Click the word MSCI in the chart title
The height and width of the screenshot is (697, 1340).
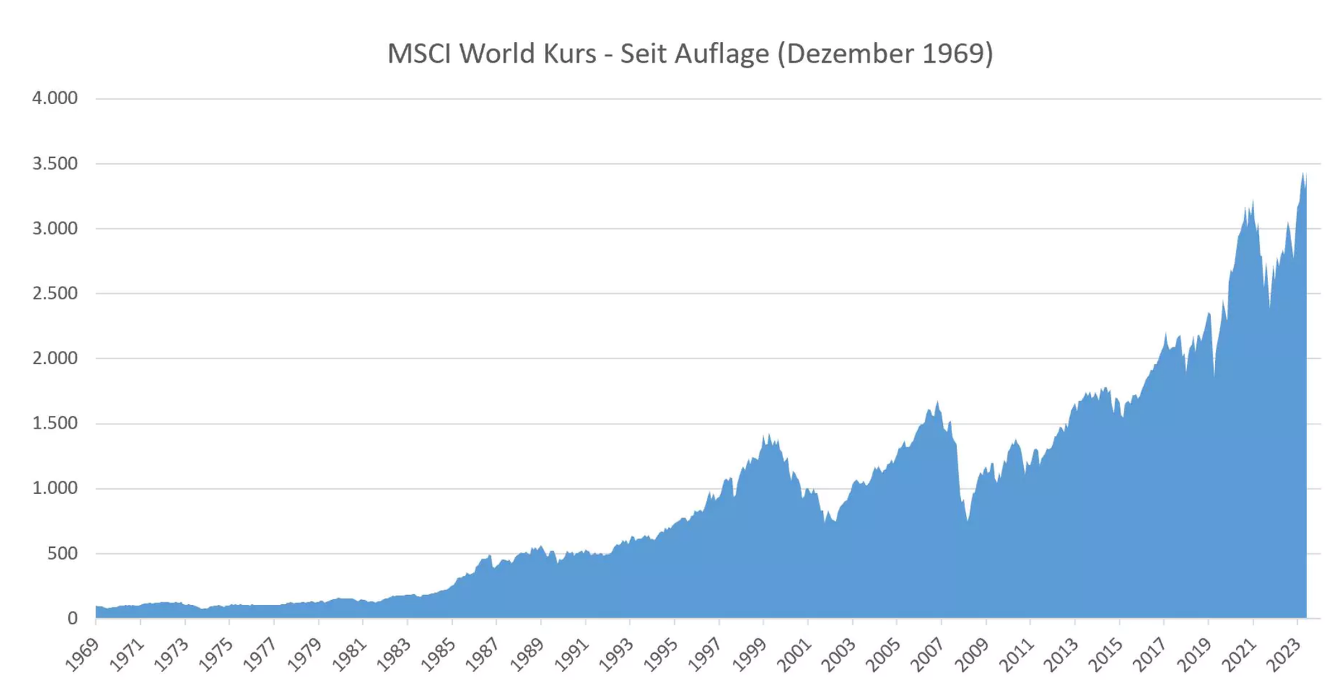[x=419, y=54]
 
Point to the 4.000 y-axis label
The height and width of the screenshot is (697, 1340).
[x=54, y=98]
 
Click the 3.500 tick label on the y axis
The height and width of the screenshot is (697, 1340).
[x=54, y=163]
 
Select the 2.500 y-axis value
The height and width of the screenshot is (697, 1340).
[x=54, y=293]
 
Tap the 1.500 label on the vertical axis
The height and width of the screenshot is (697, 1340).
[x=54, y=423]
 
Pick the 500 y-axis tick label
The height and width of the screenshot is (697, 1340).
[x=62, y=553]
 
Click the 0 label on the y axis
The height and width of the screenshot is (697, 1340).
[x=72, y=618]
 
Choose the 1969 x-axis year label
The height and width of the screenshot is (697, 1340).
[x=82, y=655]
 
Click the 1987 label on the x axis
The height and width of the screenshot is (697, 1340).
[x=482, y=655]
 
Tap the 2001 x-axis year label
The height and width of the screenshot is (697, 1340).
[x=794, y=655]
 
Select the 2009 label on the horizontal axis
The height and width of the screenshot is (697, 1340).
[x=972, y=655]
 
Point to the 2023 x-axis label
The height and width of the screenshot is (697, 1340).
[x=1284, y=655]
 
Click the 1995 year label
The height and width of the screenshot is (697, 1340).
[x=660, y=655]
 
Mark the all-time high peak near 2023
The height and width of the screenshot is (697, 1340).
[x=1303, y=174]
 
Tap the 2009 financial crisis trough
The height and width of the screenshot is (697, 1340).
[x=967, y=520]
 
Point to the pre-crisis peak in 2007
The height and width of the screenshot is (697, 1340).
[x=937, y=402]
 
